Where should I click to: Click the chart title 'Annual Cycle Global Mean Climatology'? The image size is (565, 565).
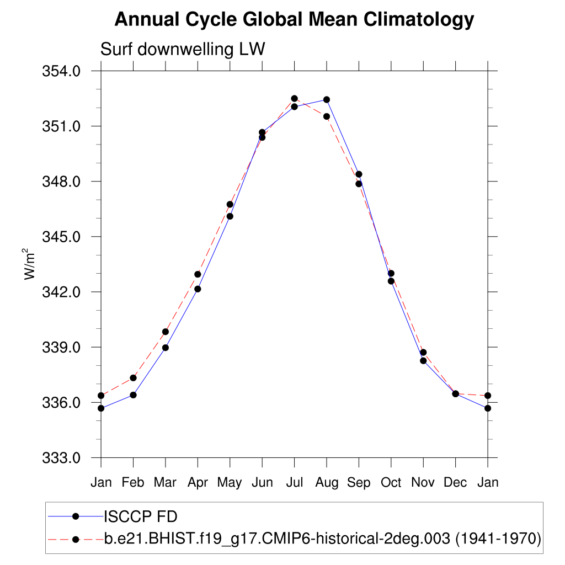click(294, 20)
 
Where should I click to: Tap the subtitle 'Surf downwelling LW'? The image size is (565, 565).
click(183, 50)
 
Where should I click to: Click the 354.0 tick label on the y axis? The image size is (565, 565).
click(62, 71)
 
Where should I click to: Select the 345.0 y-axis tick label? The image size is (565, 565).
click(62, 237)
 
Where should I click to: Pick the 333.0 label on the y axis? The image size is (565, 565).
click(62, 458)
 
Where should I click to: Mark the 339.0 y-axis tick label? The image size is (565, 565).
click(62, 348)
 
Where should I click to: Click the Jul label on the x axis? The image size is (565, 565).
click(294, 483)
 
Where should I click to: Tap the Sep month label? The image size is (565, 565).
click(359, 483)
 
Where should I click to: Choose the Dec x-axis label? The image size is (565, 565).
click(456, 483)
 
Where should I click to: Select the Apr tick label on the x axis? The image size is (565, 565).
click(198, 483)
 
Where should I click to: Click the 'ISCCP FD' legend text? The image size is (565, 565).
click(140, 516)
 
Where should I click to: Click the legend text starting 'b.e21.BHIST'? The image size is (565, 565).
click(322, 538)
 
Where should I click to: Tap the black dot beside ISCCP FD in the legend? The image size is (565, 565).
click(76, 516)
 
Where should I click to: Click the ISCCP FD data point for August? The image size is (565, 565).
click(327, 100)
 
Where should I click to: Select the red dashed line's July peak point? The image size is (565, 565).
click(295, 99)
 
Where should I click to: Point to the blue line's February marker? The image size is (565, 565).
click(133, 395)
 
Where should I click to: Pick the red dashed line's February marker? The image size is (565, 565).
click(133, 378)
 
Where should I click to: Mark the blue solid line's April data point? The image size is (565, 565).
click(198, 289)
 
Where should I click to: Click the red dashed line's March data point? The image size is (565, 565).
click(166, 332)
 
